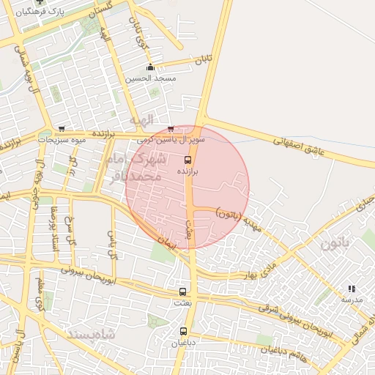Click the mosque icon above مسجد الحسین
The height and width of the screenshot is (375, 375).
(150, 68)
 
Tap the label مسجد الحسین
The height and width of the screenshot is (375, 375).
(150, 78)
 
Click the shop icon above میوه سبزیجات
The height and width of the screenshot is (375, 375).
(61, 129)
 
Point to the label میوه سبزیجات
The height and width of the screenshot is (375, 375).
(62, 138)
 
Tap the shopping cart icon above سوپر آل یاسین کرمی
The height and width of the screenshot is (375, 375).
(171, 128)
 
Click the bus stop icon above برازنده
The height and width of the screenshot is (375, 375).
(187, 160)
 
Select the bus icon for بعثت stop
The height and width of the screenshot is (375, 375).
(182, 292)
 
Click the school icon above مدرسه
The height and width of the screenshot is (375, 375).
(352, 289)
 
